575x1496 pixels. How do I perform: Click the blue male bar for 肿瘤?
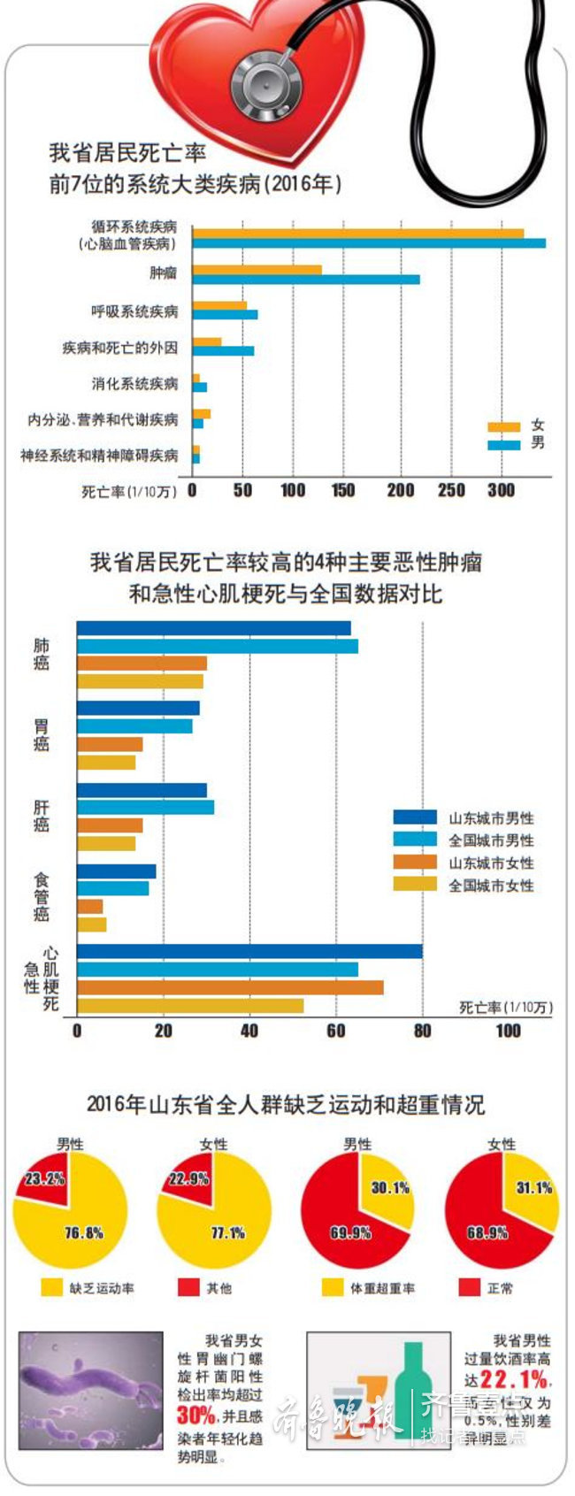[305, 280]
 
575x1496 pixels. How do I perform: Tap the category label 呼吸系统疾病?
[134, 311]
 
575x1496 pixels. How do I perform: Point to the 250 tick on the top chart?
[451, 490]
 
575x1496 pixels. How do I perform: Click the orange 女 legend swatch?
[503, 426]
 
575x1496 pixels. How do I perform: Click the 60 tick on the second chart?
[335, 1031]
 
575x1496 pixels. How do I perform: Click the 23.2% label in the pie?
[44, 1178]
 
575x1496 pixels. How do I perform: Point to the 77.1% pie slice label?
[227, 1232]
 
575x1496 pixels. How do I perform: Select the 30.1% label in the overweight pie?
[389, 1188]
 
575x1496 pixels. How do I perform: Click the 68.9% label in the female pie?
[487, 1232]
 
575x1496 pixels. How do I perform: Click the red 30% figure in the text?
[195, 1416]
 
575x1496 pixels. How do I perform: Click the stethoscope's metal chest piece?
[264, 81]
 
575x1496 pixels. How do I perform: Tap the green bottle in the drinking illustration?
[413, 1392]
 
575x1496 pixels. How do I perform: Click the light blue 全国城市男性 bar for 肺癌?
[218, 646]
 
